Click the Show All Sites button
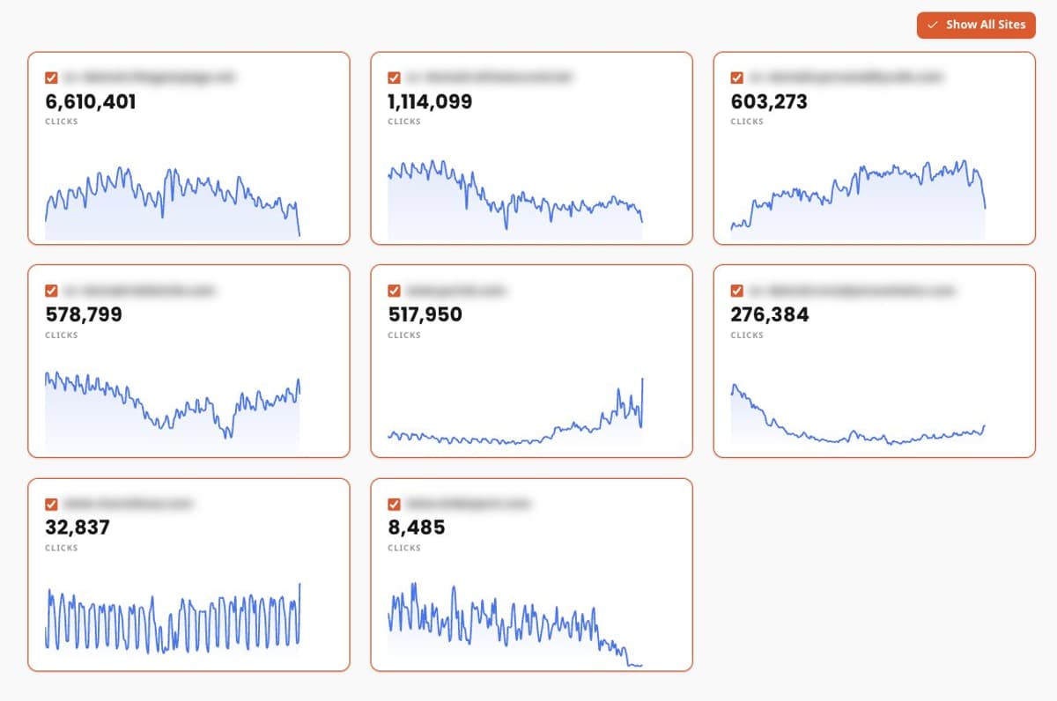[976, 25]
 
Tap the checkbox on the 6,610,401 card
[51, 77]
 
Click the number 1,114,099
[430, 102]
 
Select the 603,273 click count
[769, 102]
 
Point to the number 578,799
[84, 315]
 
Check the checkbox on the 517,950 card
[394, 291]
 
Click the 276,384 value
[770, 315]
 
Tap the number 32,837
[78, 528]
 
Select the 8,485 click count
[417, 528]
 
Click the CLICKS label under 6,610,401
[62, 122]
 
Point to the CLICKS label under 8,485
[404, 548]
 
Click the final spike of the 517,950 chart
[643, 380]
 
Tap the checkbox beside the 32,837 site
[51, 504]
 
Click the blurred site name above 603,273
[846, 77]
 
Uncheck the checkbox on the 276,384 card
[736, 291]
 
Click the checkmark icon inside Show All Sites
[933, 25]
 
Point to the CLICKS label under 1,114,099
[404, 122]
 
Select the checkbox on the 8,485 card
[394, 504]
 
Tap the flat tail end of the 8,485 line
[636, 666]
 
